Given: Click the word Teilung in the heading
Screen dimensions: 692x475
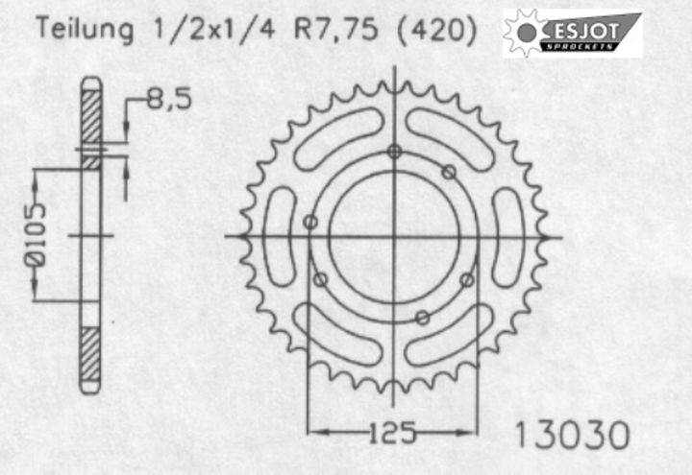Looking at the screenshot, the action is tap(85, 29).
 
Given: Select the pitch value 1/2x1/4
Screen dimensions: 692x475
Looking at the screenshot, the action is tap(213, 29).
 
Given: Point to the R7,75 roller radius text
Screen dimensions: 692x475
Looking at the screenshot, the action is tap(335, 29).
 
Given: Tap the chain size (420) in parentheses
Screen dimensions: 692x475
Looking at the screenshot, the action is tap(437, 30).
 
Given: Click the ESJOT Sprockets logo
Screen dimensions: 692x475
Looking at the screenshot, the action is tap(573, 34).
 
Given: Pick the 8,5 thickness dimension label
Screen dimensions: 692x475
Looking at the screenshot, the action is tap(169, 98).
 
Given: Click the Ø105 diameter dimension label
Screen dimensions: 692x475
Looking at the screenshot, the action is tap(35, 235).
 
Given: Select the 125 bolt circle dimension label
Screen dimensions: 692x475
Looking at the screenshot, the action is tap(392, 432).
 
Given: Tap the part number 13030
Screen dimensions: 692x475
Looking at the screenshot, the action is tap(572, 435).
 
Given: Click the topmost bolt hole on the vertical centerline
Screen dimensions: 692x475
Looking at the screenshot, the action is tap(395, 152).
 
